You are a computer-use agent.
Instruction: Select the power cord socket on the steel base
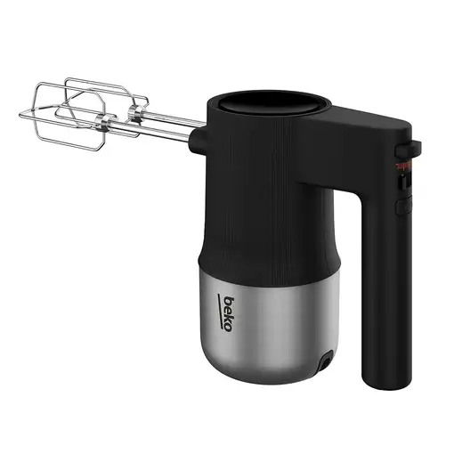tap(325, 363)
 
